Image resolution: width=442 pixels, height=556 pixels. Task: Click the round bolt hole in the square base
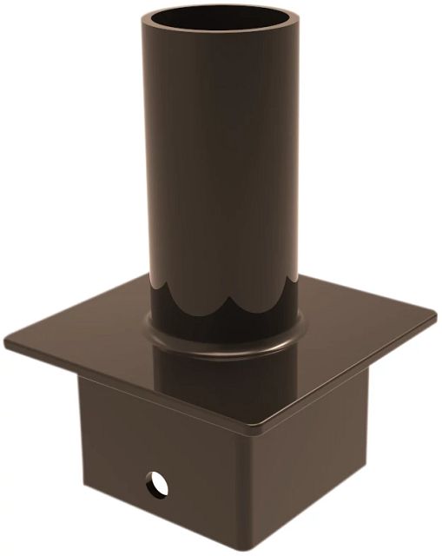coord(156,480)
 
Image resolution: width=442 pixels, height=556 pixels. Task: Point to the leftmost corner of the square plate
coord(7,341)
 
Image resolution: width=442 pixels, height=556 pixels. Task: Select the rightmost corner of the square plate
coord(434,321)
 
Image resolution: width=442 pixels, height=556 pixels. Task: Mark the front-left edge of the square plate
coord(130,386)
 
